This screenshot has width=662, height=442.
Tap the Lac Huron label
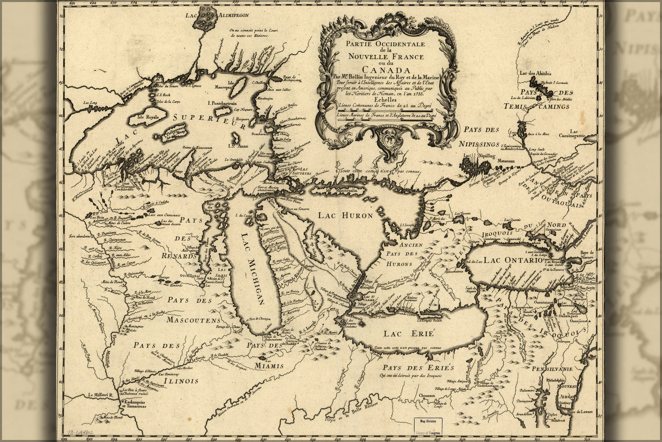click(345, 216)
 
